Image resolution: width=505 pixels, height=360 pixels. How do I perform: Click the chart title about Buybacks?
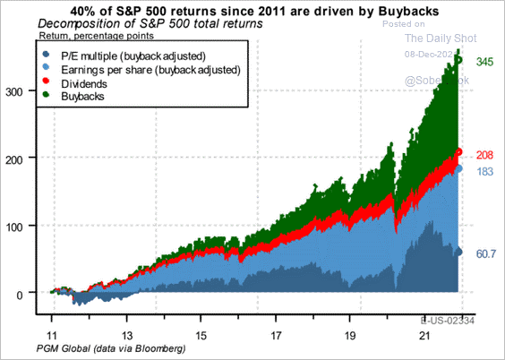pos(252,11)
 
